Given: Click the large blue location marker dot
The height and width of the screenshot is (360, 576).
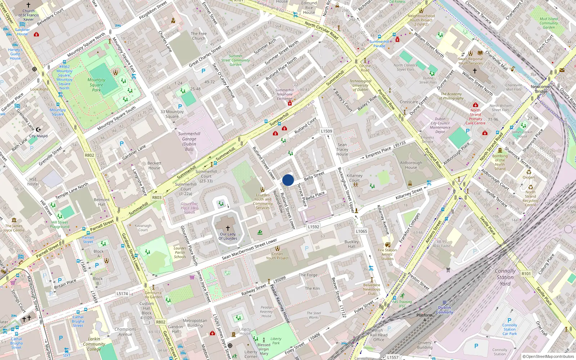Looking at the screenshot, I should pyautogui.click(x=288, y=180).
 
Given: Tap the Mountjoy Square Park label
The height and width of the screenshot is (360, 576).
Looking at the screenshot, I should pyautogui.click(x=96, y=85).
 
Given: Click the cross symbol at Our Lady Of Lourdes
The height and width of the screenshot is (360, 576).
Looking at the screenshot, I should pyautogui.click(x=228, y=228).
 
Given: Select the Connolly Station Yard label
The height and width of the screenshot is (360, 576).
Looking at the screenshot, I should pyautogui.click(x=505, y=277).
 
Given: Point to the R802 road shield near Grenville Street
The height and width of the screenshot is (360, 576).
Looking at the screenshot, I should pyautogui.click(x=89, y=155).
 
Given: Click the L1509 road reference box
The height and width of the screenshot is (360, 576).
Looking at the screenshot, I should pyautogui.click(x=327, y=131).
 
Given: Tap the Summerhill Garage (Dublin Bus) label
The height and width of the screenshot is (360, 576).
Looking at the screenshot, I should pyautogui.click(x=189, y=141).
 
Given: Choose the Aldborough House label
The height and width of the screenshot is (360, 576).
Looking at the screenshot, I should pyautogui.click(x=411, y=165).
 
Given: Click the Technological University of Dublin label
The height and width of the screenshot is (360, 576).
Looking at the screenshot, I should pyautogui.click(x=360, y=85).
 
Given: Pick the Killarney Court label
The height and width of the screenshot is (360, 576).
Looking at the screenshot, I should pyautogui.click(x=355, y=178).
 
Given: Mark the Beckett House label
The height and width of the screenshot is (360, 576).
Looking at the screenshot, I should pyautogui.click(x=154, y=165).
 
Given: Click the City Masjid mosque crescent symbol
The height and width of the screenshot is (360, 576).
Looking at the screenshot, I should pyautogui.click(x=39, y=130).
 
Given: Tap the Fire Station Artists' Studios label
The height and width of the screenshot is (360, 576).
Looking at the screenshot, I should pyautogui.click(x=387, y=254).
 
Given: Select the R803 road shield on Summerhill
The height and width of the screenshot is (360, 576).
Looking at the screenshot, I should pyautogui.click(x=157, y=197).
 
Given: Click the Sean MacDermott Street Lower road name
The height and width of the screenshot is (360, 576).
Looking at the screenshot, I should pyautogui.click(x=249, y=249).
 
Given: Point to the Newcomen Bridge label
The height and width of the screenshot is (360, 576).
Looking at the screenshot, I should pyautogui.click(x=541, y=89).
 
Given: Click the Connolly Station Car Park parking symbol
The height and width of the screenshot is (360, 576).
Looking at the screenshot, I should pyautogui.click(x=509, y=320).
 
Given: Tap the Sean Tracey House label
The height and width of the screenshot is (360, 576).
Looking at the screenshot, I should pyautogui.click(x=342, y=149).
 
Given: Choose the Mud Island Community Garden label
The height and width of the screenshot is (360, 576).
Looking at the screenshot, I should pyautogui.click(x=549, y=23).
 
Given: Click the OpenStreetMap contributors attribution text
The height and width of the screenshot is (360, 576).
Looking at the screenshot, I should pyautogui.click(x=548, y=356).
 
